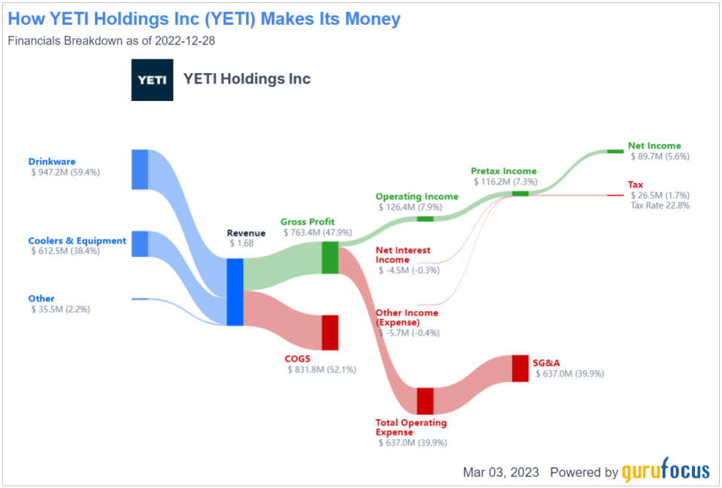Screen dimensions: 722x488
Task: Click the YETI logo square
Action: pos(153,80)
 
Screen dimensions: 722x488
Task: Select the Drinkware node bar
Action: pos(140,169)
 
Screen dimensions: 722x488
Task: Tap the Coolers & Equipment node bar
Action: pos(140,244)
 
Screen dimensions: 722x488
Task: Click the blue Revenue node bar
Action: pos(235,292)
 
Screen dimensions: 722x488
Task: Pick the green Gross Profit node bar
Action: pos(330,258)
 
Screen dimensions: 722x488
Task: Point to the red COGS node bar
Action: pos(330,333)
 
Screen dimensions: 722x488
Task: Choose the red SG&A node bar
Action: pos(520,368)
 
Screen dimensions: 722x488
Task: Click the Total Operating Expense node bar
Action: pos(426,401)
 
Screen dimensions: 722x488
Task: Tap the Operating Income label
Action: pos(417,197)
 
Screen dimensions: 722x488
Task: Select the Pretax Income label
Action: pos(504,171)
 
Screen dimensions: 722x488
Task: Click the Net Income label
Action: pos(654,146)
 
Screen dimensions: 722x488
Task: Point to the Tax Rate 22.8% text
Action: pos(660,206)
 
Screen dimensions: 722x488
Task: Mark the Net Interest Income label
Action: pos(403,255)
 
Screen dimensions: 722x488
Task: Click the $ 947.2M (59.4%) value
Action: pos(65,172)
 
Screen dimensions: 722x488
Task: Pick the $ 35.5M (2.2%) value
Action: pos(61,310)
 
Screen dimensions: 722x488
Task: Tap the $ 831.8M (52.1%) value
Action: pos(322,370)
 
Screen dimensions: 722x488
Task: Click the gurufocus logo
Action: pos(666,471)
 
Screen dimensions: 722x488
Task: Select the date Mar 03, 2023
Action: pos(501,472)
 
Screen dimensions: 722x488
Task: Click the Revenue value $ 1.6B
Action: pos(241,243)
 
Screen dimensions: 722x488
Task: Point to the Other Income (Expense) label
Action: pos(407,317)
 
